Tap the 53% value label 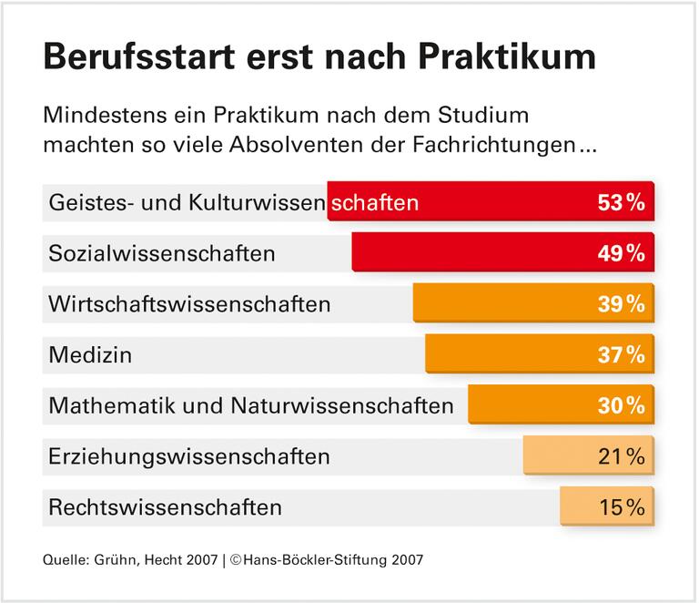[622, 202]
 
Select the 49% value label [622, 253]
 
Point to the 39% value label [622, 304]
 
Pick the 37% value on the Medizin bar [622, 354]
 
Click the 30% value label [622, 404]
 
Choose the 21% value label [622, 455]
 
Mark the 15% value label [622, 506]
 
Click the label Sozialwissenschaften [162, 253]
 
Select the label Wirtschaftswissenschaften [189, 303]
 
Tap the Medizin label [90, 354]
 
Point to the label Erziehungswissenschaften [189, 455]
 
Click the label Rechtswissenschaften [166, 506]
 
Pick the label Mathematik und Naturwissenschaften [251, 405]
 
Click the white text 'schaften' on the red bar [375, 202]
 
